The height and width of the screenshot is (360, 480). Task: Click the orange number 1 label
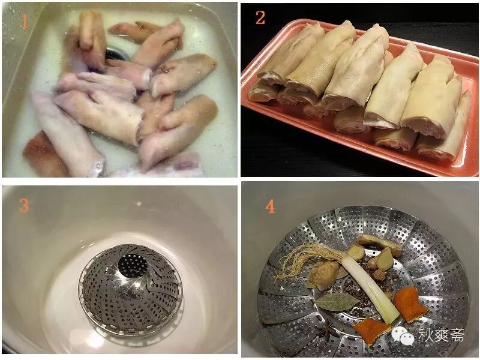[25, 20]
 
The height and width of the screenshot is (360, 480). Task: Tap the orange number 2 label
[260, 17]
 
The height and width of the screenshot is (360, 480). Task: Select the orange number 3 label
[24, 205]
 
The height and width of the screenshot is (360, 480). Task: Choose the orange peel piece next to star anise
[371, 331]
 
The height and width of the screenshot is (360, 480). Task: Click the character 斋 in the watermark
[457, 335]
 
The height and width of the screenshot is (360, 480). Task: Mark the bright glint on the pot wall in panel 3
[139, 203]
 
